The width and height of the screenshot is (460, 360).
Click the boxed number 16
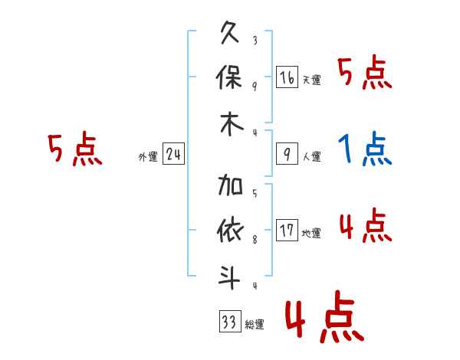pos(287,77)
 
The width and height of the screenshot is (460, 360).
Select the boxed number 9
pos(287,154)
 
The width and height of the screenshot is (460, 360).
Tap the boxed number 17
pos(287,231)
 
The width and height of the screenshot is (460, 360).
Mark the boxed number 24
pos(174,154)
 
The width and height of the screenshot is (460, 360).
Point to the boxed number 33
pos(228,322)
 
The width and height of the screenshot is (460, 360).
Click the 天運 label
pos(311,80)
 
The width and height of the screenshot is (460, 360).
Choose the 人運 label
pos(311,157)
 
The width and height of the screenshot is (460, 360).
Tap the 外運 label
pos(148,157)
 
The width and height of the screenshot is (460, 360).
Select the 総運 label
pos(254,325)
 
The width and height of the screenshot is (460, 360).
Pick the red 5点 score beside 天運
pos(365,74)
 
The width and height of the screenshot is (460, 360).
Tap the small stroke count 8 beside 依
pos(255,240)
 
